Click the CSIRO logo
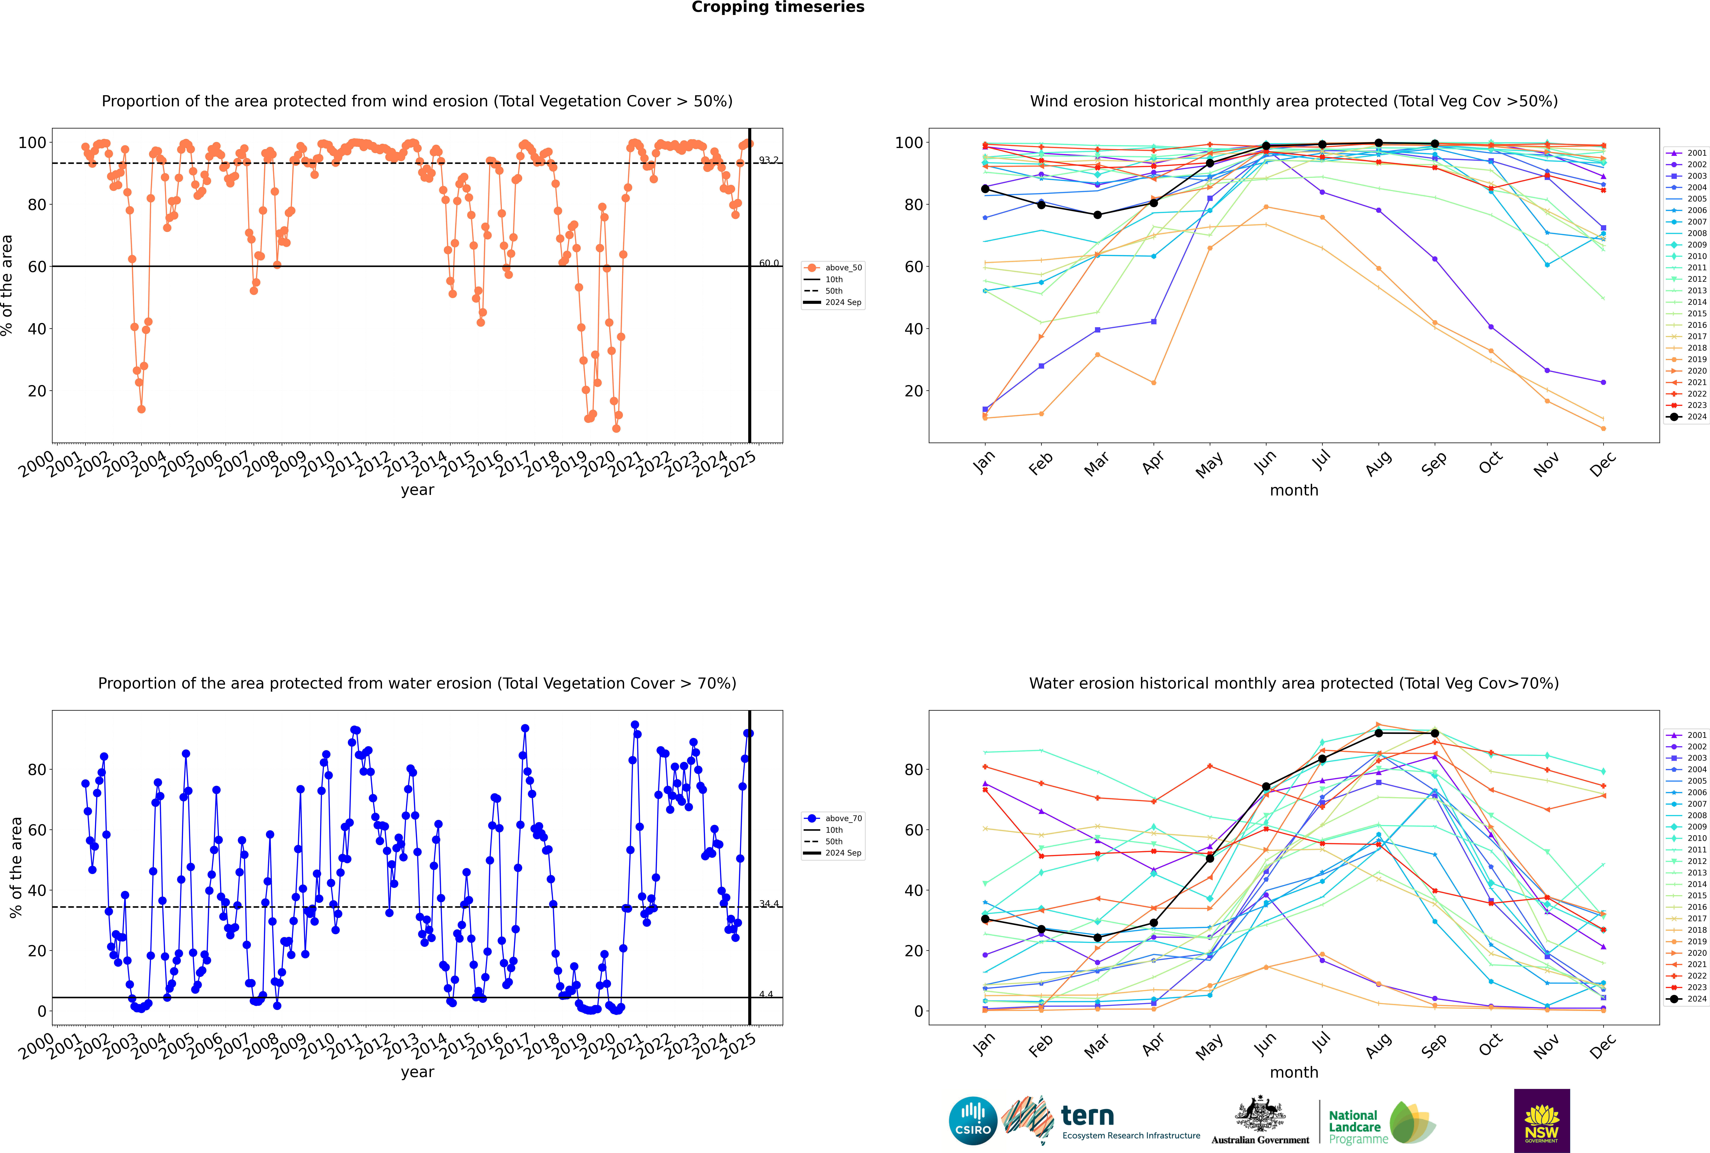point(973,1121)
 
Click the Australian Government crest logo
point(1260,1121)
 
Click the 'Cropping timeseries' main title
point(778,7)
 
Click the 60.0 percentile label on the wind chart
point(768,263)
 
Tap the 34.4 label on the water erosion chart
point(768,904)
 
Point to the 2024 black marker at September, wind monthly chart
point(1434,144)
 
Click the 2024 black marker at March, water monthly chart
point(1098,937)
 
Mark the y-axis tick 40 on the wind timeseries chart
point(37,329)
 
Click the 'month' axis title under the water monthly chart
point(1294,1072)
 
